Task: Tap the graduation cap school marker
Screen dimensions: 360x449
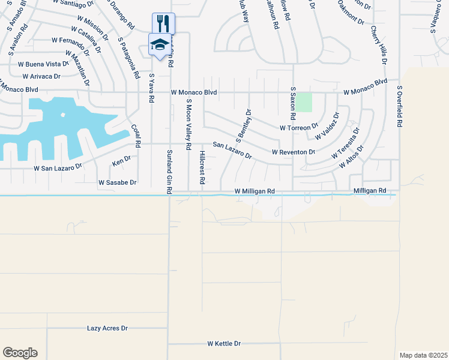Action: click(159, 44)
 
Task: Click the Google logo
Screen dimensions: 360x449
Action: click(20, 353)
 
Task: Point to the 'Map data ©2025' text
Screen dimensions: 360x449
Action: click(424, 355)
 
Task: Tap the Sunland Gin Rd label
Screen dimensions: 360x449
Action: click(169, 171)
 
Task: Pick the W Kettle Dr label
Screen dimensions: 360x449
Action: click(224, 344)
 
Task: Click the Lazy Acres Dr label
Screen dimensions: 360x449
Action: click(107, 328)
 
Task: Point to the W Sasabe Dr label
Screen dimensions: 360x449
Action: click(118, 182)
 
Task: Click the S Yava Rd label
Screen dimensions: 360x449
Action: click(151, 88)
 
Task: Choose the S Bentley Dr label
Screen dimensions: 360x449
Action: click(243, 125)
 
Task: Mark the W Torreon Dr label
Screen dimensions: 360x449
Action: click(299, 128)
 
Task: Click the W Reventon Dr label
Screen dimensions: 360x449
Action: click(294, 152)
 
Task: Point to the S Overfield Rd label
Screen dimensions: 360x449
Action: click(399, 106)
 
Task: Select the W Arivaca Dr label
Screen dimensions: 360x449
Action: click(41, 76)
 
